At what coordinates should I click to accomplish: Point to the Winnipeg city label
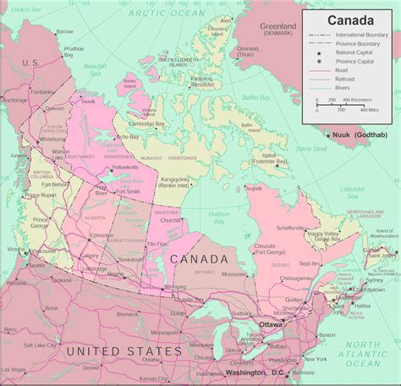pos(175,286)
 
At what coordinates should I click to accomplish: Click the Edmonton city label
pos(102,235)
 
